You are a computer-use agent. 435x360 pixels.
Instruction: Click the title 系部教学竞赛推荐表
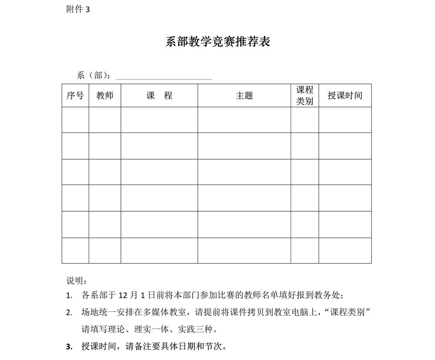(218, 42)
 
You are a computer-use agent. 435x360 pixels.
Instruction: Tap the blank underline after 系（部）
(164, 76)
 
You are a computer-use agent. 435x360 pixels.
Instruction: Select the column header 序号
(75, 96)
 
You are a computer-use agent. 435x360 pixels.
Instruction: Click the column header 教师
(105, 96)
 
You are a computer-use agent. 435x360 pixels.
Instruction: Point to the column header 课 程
(159, 96)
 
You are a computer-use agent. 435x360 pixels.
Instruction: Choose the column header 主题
(244, 96)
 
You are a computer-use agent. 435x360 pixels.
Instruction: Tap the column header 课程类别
(304, 96)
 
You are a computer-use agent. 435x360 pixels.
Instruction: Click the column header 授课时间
(345, 96)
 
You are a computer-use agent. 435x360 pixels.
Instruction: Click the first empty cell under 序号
(75, 120)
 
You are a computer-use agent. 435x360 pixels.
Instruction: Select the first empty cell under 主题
(244, 120)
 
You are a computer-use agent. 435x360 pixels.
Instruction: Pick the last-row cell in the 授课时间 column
(345, 250)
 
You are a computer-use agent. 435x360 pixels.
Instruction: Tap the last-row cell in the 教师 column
(105, 250)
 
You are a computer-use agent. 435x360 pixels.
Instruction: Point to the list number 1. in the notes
(69, 296)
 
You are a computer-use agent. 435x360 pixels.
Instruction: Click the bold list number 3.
(69, 347)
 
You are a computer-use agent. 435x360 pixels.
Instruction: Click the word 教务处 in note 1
(330, 296)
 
